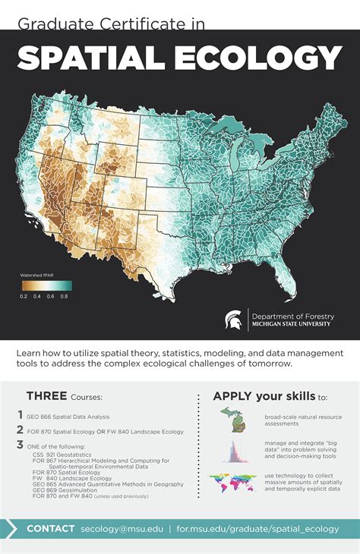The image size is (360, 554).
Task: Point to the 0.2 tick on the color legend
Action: point(24,297)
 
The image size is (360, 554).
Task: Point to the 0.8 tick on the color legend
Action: point(65,297)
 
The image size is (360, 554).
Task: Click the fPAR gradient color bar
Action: point(45,285)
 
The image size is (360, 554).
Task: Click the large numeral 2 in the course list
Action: point(21,430)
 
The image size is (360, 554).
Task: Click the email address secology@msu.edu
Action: point(123,528)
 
